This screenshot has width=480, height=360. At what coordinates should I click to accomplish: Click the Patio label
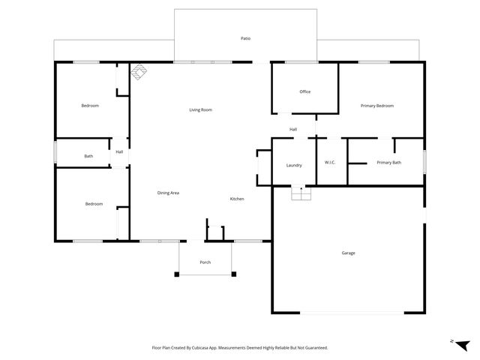tap(245, 37)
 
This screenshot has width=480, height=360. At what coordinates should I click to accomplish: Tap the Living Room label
tap(200, 110)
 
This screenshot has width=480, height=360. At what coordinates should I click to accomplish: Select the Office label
tap(304, 92)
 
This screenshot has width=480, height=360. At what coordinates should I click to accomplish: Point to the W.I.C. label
tap(330, 163)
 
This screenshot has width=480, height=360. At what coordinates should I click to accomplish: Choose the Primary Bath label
tap(388, 163)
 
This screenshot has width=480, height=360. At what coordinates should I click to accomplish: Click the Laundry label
tap(294, 165)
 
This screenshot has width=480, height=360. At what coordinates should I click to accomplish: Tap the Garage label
tap(348, 253)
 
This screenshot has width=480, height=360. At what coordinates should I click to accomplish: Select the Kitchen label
tap(237, 199)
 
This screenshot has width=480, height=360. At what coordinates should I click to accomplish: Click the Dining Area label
tap(168, 193)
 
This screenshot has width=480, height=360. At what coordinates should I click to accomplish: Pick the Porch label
tap(205, 262)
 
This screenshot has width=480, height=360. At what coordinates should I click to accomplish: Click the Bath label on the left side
tap(88, 156)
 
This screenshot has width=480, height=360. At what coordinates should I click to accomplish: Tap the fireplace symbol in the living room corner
tap(139, 72)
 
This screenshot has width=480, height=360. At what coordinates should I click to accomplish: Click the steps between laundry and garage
tap(301, 193)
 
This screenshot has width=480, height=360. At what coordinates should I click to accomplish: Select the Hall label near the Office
tap(294, 130)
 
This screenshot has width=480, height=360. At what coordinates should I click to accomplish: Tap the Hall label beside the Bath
tap(119, 151)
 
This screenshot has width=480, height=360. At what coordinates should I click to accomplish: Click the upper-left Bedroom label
tap(90, 106)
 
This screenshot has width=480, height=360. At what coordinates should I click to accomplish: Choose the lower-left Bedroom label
tap(94, 204)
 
